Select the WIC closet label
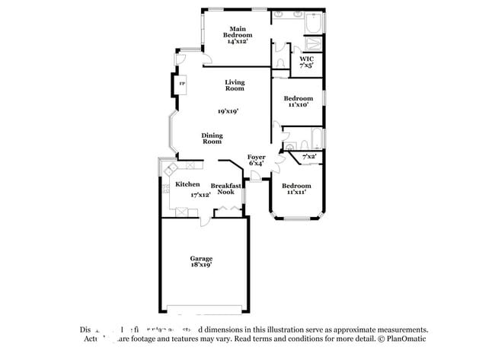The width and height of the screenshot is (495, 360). click(306, 59)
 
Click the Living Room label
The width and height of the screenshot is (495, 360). click(234, 85)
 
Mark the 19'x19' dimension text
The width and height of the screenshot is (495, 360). click(228, 111)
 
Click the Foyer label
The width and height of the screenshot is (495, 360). click(257, 157)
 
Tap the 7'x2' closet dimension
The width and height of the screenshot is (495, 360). click(309, 157)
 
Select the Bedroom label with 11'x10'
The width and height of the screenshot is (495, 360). click(298, 98)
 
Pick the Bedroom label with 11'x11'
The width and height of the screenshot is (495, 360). click(296, 186)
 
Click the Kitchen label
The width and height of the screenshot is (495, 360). click(187, 184)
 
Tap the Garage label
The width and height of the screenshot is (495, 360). click(201, 258)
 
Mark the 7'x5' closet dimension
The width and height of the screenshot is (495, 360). click(306, 66)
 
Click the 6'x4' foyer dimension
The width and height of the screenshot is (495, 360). click(257, 164)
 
